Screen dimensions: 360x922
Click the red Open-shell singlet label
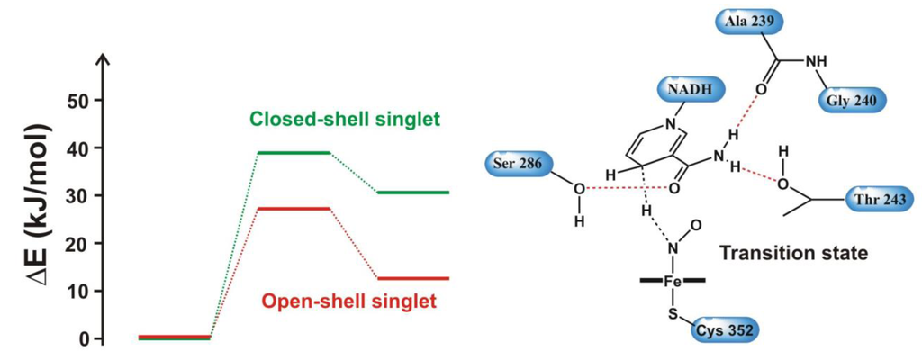349,301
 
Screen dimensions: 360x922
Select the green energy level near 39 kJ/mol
293,152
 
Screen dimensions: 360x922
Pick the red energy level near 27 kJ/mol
293,208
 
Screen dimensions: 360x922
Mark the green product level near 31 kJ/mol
411,193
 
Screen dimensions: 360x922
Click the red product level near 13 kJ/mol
411,278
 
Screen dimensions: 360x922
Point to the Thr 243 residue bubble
880,198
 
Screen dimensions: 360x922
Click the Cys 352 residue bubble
724,330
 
